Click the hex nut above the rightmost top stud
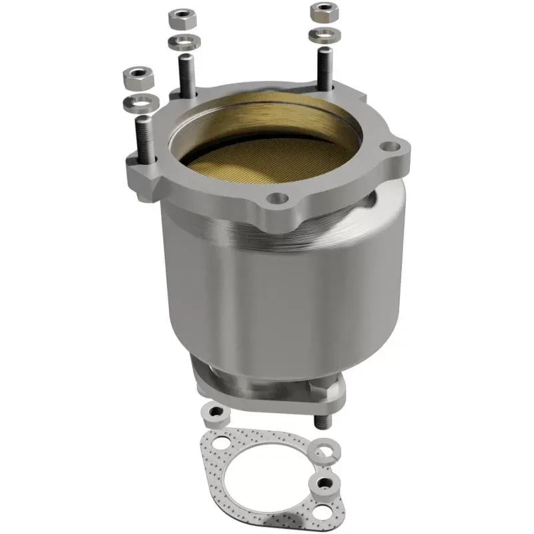coord(324,12)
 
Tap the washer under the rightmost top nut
coord(322,33)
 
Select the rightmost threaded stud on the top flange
coord(324,67)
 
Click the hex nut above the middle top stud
coord(180,18)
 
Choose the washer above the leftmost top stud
coord(138,103)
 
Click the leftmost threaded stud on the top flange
coord(144,137)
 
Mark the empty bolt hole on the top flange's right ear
coord(387,146)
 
